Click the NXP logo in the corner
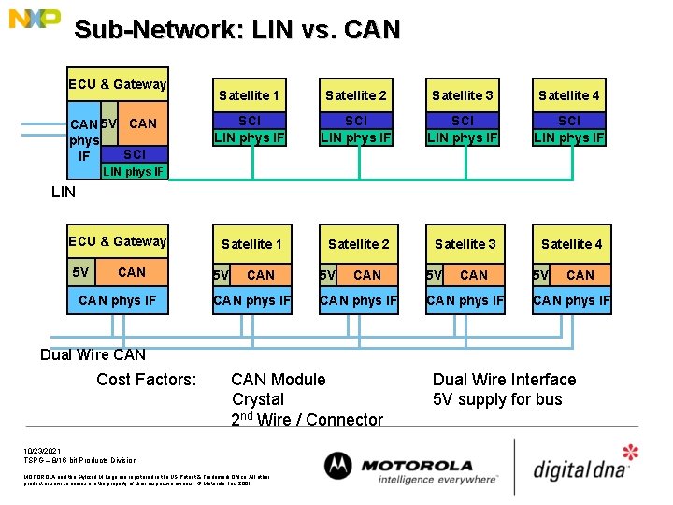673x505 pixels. point(35,18)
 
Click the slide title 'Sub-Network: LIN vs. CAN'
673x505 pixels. point(236,30)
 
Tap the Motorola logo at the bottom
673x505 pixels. point(398,466)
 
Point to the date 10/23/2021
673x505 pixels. point(42,450)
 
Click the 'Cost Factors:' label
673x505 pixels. point(147,380)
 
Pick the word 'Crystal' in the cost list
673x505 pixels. point(258,399)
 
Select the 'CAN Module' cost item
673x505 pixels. point(279,380)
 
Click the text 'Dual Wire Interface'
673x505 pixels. point(504,380)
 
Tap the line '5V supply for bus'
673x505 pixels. point(497,399)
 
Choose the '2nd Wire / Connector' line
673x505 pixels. point(307,420)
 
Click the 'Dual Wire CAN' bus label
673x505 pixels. point(93,354)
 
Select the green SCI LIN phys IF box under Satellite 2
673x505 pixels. point(356,130)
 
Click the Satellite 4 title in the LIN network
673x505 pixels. point(568,95)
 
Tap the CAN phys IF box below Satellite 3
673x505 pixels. point(465,300)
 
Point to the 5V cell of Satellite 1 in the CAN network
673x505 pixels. point(221,275)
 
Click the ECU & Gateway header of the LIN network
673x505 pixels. point(118,85)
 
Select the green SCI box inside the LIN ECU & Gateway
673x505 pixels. point(135,153)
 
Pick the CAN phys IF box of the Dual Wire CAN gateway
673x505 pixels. point(118,300)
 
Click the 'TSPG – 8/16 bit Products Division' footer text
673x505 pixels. point(80,460)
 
